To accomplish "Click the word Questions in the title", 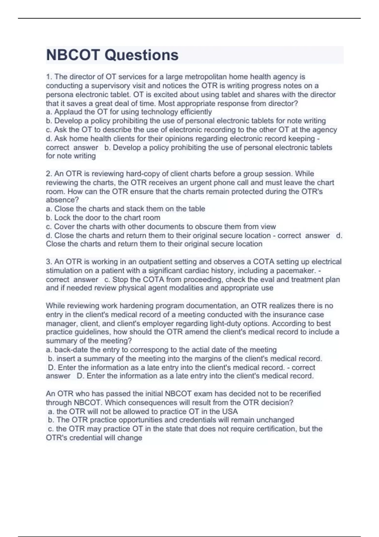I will point(141,55).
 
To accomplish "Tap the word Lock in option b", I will point(62,218).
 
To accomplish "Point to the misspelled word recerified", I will point(303,394).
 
